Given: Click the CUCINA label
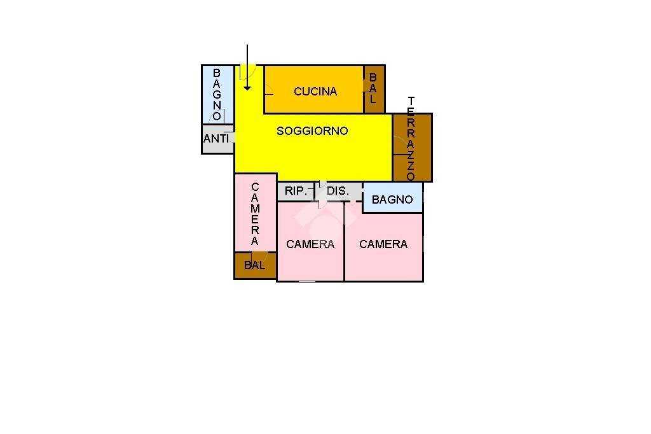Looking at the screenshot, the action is click(x=315, y=92).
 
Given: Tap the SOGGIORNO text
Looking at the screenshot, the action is click(x=312, y=131).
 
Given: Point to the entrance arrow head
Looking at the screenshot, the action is click(x=247, y=88).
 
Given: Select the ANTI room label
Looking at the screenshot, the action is click(x=216, y=139).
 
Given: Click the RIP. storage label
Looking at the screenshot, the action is click(x=296, y=191).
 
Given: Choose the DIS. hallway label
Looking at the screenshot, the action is click(x=338, y=191).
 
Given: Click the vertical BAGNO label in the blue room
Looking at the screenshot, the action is click(x=217, y=95).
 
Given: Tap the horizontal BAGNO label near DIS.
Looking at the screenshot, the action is click(x=392, y=200).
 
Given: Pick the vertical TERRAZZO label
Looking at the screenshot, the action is click(x=411, y=139).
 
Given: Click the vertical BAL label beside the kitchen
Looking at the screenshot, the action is click(x=373, y=88).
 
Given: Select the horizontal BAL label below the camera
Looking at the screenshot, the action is click(x=254, y=265).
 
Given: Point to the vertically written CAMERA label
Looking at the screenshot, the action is click(x=255, y=214).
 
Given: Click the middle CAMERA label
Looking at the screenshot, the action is click(x=310, y=244).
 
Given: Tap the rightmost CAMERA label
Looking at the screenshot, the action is click(x=383, y=244).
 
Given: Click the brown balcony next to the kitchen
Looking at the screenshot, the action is click(x=374, y=89).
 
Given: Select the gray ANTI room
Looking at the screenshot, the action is click(x=218, y=139).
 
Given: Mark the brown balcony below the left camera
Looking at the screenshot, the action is click(x=256, y=265).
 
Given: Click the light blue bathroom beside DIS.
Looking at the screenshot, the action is click(x=393, y=197).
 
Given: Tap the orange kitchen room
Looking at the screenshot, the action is click(x=314, y=89).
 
